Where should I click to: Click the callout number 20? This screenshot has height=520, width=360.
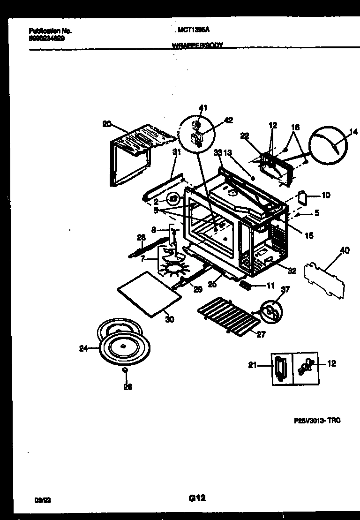coord(106,124)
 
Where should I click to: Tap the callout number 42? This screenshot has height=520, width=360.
coord(228,120)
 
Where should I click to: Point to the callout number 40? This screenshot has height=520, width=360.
coord(344,251)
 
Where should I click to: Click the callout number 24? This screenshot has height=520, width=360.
coord(83,348)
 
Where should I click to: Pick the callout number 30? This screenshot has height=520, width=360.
coord(169,319)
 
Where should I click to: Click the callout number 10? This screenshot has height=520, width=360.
coord(326,195)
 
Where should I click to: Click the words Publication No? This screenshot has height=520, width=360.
coord(49,30)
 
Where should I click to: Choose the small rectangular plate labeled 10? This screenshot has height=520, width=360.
coord(302,196)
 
